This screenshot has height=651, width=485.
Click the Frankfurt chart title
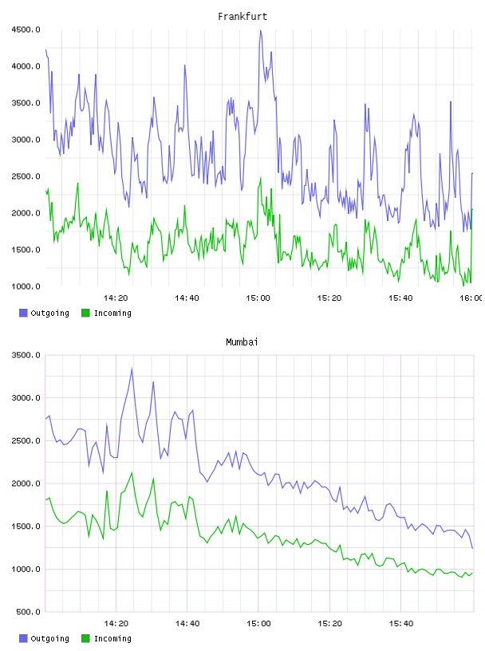(242, 17)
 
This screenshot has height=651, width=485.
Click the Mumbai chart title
(242, 342)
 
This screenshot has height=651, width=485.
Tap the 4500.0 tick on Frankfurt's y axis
(26, 30)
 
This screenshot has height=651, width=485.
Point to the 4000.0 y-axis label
(26, 66)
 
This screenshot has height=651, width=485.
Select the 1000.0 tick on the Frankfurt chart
(26, 286)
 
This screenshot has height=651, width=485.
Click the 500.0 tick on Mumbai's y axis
(28, 612)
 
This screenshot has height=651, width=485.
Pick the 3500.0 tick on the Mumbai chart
(26, 355)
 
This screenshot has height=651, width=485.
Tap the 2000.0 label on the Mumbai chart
(26, 483)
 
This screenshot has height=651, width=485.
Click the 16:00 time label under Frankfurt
(471, 298)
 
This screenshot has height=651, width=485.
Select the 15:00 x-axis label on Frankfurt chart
(258, 298)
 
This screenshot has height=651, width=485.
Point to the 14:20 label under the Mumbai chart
(116, 624)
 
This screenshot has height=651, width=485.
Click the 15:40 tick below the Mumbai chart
(400, 624)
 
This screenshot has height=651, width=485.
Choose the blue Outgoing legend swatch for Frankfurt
(23, 313)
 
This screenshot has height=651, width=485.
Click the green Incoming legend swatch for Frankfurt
(85, 313)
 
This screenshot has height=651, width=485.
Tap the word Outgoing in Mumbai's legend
(49, 638)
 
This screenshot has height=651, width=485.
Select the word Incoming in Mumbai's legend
(112, 638)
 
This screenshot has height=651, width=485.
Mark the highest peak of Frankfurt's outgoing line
(260, 30)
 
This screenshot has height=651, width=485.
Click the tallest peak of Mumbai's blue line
(132, 369)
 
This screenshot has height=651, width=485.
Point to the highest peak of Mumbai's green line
(132, 472)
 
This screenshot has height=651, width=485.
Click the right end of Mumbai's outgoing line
(472, 548)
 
